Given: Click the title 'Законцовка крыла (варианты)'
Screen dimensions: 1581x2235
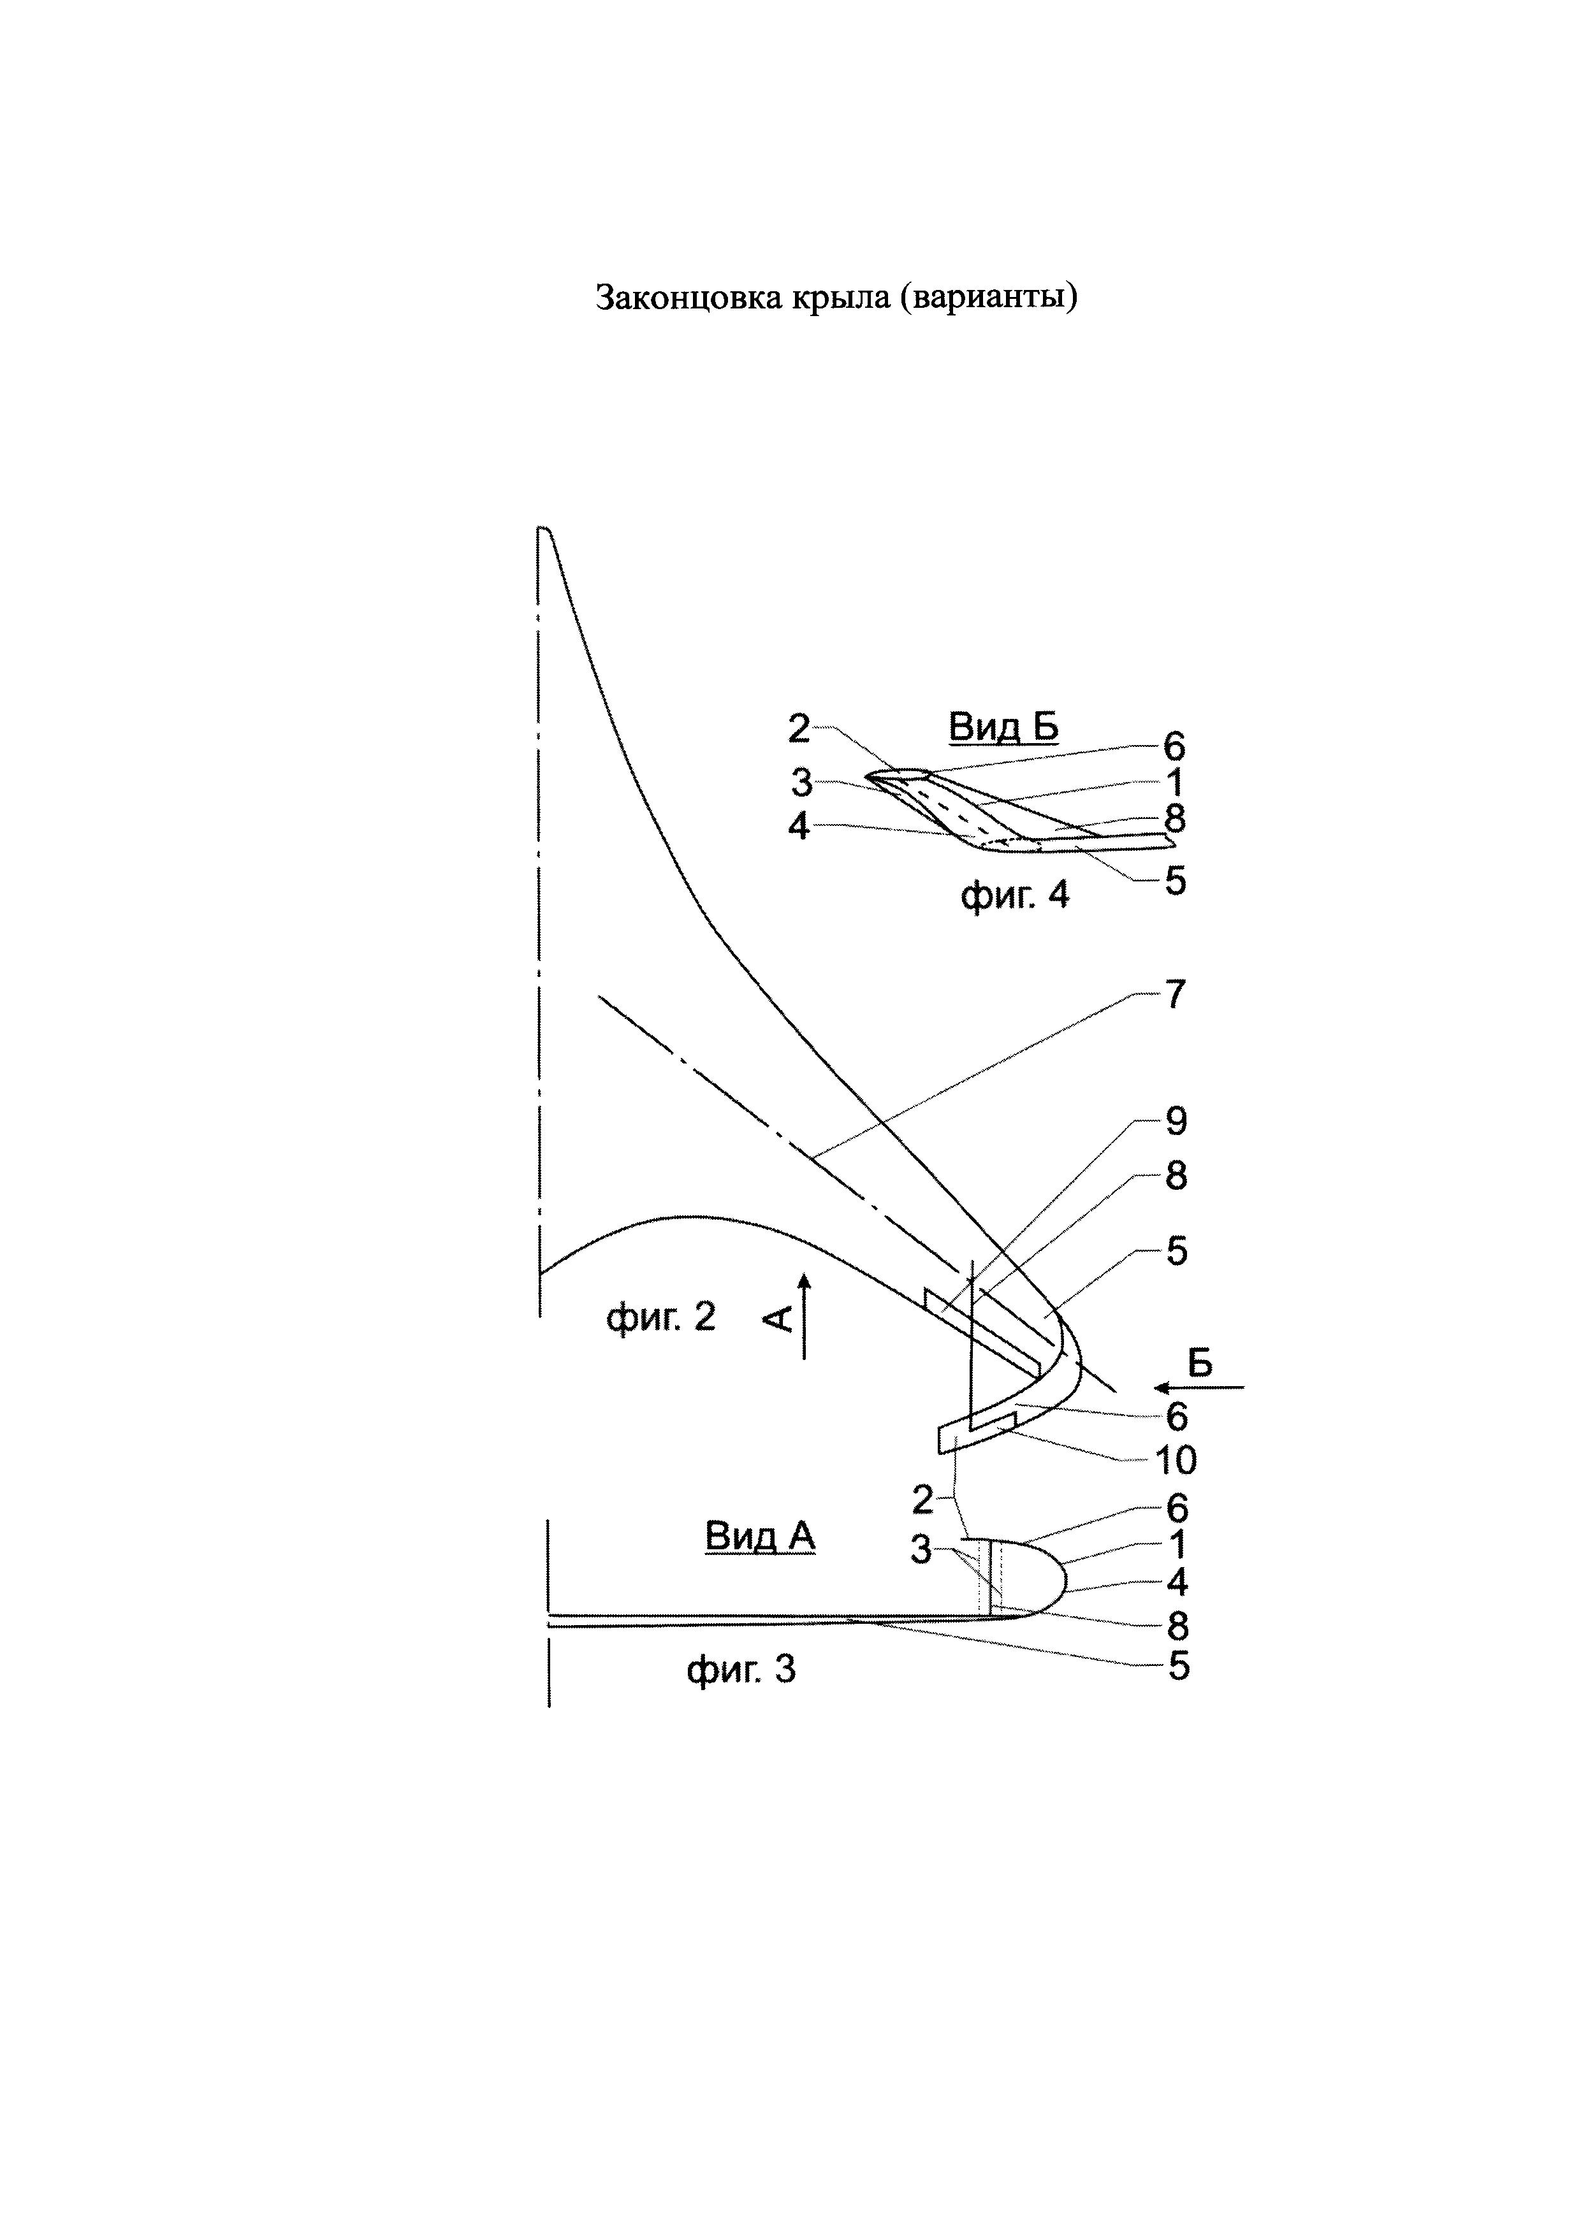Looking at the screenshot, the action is coord(837,298).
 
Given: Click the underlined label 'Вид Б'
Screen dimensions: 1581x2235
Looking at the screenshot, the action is coord(1003,726).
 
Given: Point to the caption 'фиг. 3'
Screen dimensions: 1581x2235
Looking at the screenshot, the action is coord(741,1670).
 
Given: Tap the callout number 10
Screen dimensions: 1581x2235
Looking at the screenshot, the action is coord(1175,1459).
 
